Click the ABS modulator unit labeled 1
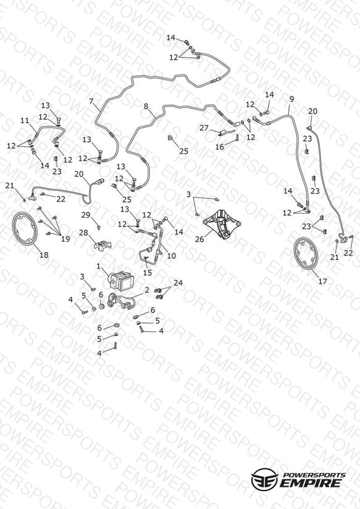pos(122,280)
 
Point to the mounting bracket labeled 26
pos(222,225)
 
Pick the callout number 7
pos(91,101)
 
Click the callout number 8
pos(146,106)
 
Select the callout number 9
pos(291,99)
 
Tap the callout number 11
pos(25,120)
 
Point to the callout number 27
pos(204,128)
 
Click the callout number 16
pos(220,147)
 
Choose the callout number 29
pos(86,214)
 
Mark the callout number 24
pos(178,283)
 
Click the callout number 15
pos(148,272)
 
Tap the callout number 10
pos(172,256)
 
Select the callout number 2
pos(147,290)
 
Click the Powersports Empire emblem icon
pos(264,479)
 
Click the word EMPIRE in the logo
pos(311,482)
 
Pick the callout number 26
pos(199,239)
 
